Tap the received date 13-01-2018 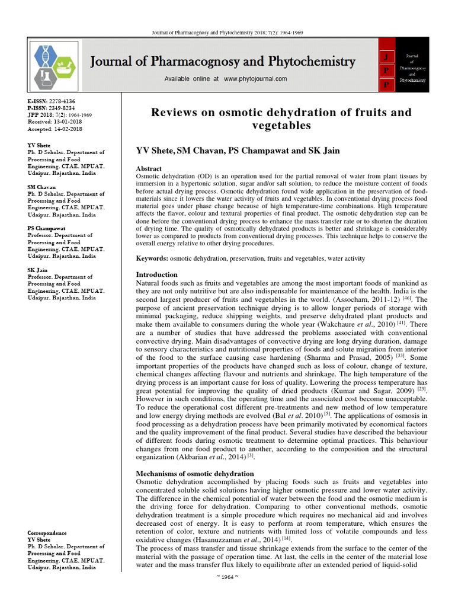pos(68,122)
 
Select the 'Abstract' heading pos(149,169)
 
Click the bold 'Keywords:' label pos(152,259)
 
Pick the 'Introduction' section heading pos(157,275)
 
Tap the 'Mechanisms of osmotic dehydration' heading pos(195,474)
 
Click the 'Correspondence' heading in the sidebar pos(47,533)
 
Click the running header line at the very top pos(227,33)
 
